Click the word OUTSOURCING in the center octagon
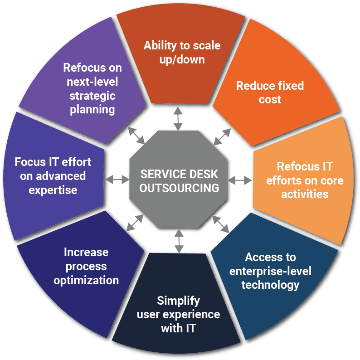tap(179, 187)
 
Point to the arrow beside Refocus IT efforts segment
tap(239, 180)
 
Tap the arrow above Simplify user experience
tap(179, 241)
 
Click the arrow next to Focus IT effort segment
tap(117, 180)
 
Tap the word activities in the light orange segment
tap(305, 194)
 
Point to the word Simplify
tap(178, 301)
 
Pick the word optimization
tap(86, 280)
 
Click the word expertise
tap(53, 190)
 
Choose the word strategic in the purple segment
tap(92, 96)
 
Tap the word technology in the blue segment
tap(270, 285)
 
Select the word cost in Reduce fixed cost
tap(270, 99)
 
